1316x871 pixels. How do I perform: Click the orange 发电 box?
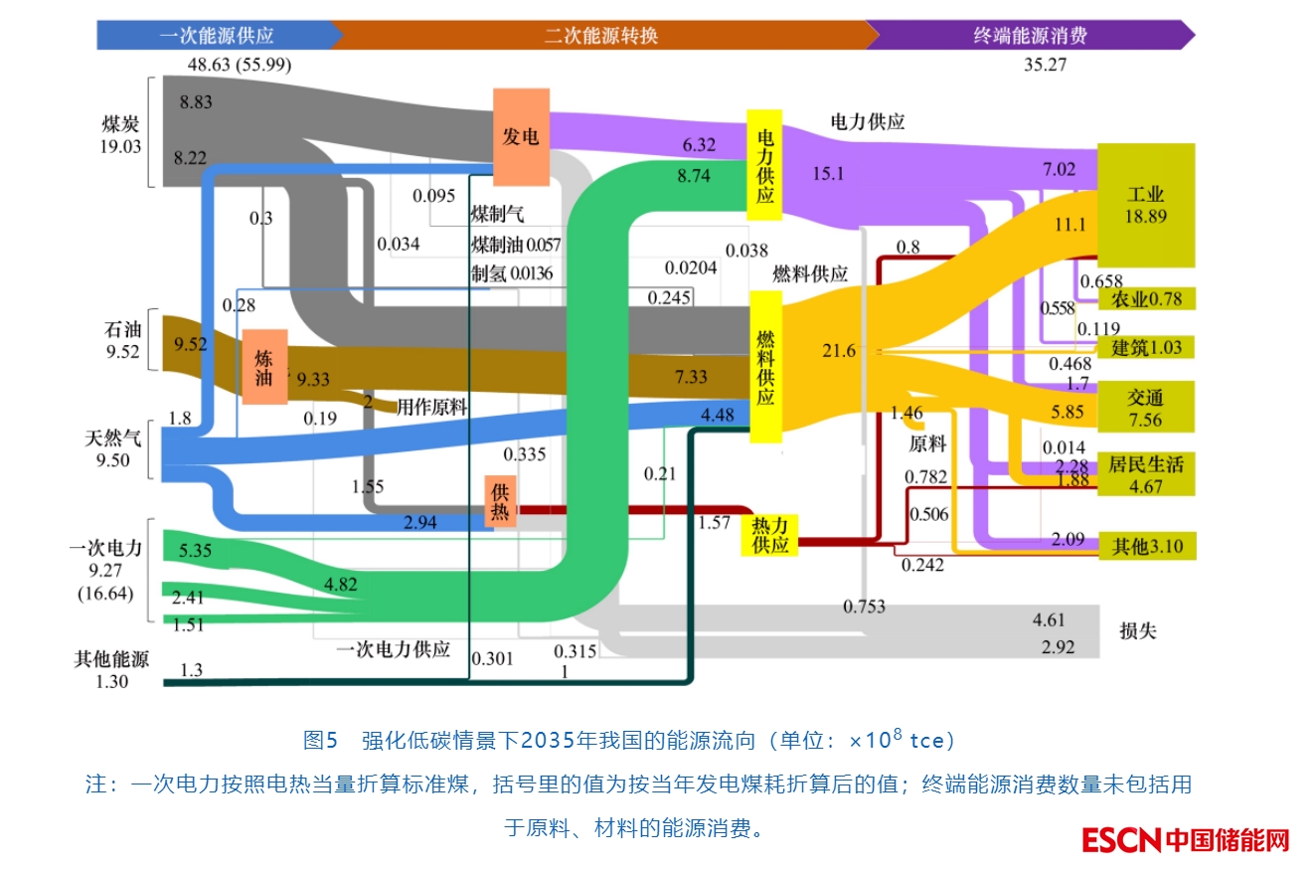point(522,136)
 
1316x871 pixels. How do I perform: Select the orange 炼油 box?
point(264,366)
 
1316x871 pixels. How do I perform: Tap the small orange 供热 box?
point(501,500)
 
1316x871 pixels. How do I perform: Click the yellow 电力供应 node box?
point(765,165)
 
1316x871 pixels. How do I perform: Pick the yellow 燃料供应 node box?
point(765,366)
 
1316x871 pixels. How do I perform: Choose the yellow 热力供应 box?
point(770,535)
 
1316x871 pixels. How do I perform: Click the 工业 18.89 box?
point(1146,205)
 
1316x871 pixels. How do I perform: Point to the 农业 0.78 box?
point(1146,298)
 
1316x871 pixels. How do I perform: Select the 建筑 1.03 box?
point(1146,347)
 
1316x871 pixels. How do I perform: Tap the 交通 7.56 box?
point(1145,407)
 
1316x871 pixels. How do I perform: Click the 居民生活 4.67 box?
point(1146,473)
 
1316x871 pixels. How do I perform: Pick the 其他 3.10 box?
point(1146,546)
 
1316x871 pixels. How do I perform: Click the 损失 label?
point(1138,631)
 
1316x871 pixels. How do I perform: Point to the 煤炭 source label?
point(121,134)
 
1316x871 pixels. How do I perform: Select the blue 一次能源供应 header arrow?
point(216,36)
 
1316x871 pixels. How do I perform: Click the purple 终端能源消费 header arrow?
point(1030,36)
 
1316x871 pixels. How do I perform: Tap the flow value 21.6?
point(839,351)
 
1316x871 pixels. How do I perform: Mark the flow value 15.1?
point(828,173)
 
